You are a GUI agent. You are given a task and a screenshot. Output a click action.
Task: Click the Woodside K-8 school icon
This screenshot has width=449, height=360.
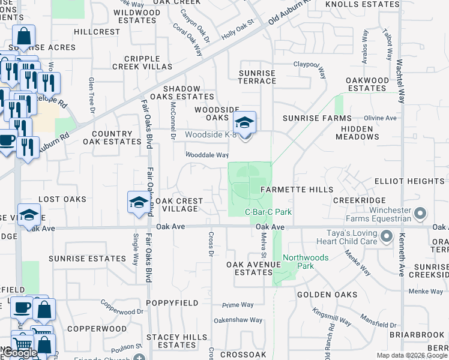[x=244, y=123]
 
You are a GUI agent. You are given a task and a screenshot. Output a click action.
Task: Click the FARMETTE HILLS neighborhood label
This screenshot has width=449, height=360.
[x=297, y=190]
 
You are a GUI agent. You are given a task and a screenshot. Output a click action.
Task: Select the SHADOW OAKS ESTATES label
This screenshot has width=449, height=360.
[x=181, y=92]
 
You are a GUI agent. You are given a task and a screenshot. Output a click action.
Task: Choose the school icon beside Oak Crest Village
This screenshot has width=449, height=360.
[x=139, y=202]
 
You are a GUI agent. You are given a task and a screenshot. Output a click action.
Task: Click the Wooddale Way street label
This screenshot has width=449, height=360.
[x=207, y=155]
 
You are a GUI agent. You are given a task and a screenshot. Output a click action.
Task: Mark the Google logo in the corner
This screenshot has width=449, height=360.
[x=20, y=352]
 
